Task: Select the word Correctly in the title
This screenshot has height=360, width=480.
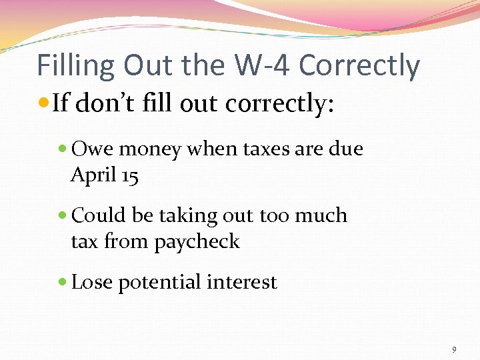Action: point(360,66)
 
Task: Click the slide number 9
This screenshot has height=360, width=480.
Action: point(454,349)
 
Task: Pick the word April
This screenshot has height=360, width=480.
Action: point(89,175)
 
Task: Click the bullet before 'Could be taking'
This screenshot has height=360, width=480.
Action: point(63,216)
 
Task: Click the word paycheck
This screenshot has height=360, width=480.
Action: point(197,241)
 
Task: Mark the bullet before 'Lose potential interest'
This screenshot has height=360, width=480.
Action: point(63,283)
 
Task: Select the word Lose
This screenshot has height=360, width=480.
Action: point(92,282)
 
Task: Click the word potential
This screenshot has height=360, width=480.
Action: point(160,283)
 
